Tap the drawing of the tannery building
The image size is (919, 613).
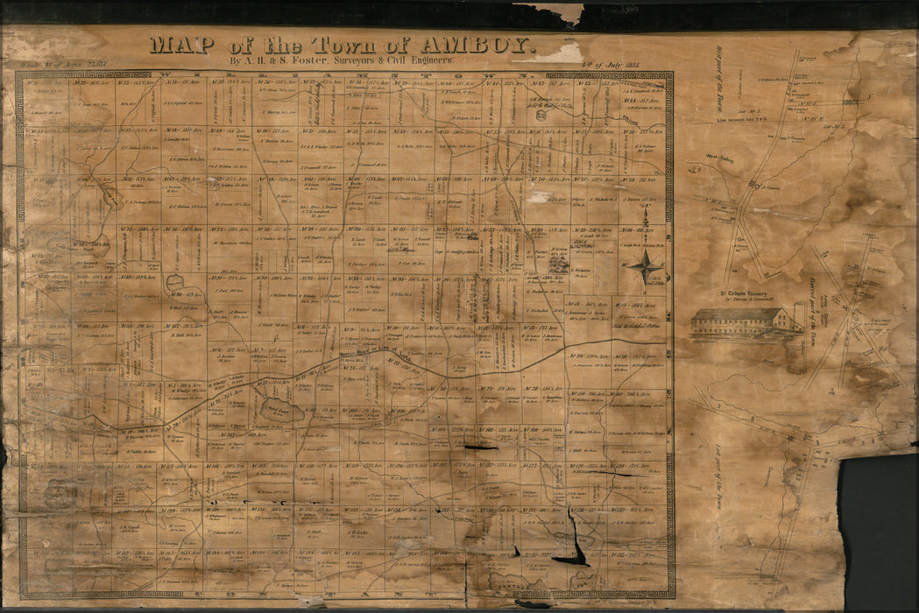(x=744, y=322)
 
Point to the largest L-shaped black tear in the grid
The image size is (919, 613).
(x=574, y=547)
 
